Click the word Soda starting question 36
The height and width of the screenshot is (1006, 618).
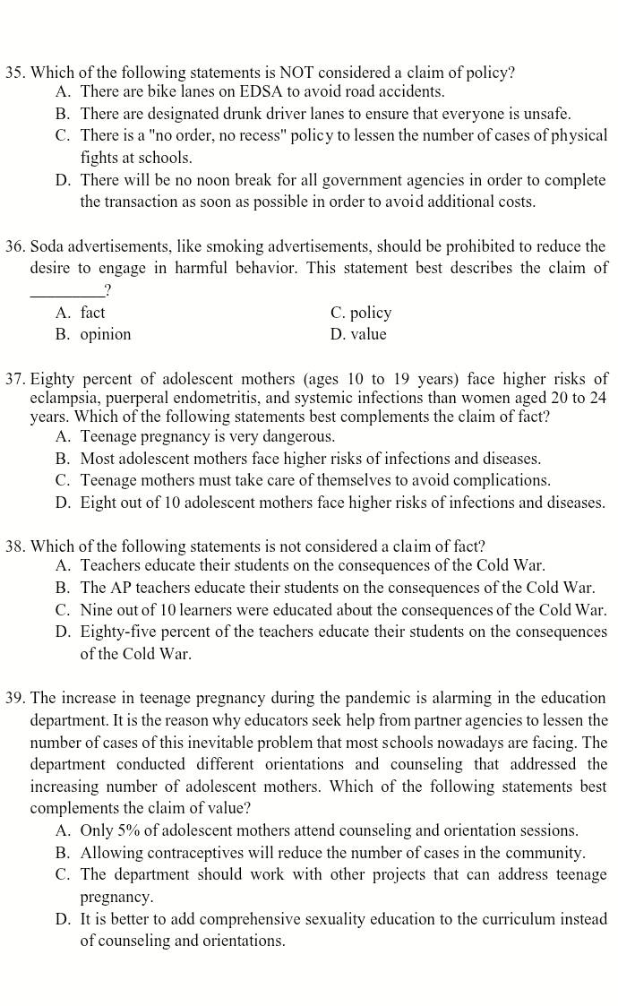(x=48, y=246)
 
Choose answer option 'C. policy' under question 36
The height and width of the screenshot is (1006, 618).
(x=361, y=313)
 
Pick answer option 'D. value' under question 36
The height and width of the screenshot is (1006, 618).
(x=358, y=334)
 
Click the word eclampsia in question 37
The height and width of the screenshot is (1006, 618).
(x=64, y=398)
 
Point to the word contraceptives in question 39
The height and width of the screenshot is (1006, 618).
(x=196, y=853)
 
